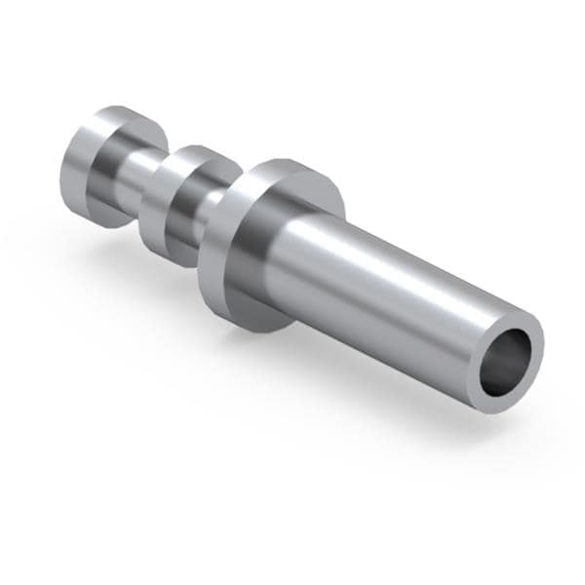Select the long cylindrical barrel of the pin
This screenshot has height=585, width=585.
point(390,292)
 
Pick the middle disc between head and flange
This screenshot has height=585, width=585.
point(185,205)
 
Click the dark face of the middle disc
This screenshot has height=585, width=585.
point(161,229)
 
